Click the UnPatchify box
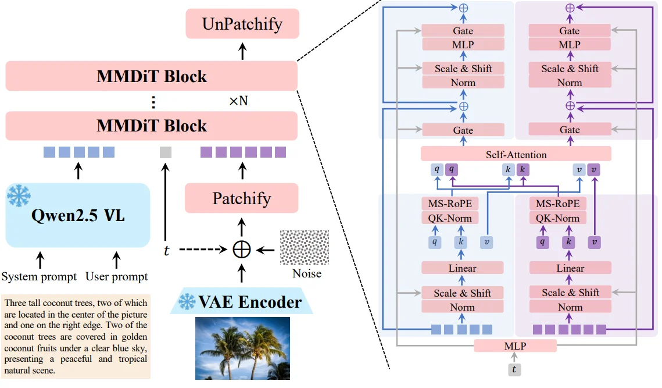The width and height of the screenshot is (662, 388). (242, 24)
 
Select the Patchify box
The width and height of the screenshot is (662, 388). (241, 198)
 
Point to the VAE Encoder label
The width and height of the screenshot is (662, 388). (250, 302)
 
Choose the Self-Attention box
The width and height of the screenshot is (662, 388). (516, 154)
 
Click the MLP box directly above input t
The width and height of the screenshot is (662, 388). (515, 346)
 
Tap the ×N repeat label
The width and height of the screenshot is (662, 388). (238, 101)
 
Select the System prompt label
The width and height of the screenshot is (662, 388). (39, 276)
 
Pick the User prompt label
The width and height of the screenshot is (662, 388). (117, 276)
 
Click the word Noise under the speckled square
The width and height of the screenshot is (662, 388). (307, 273)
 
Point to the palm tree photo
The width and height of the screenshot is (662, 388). (242, 348)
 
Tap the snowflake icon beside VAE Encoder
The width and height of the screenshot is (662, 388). (187, 302)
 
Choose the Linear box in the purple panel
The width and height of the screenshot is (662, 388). (570, 268)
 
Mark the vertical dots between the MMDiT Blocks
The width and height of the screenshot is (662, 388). (153, 102)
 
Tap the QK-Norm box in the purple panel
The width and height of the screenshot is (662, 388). (557, 218)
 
